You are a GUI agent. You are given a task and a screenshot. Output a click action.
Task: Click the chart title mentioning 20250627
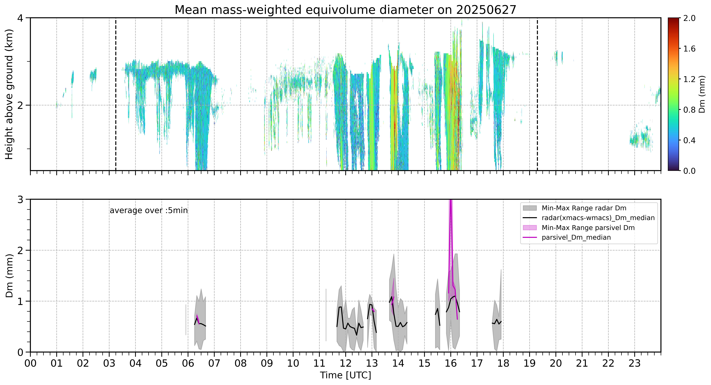pyautogui.click(x=345, y=10)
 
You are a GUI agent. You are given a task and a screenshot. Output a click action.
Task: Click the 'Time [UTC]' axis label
pyautogui.click(x=345, y=375)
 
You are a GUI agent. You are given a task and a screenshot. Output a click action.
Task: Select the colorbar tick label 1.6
pyautogui.click(x=689, y=49)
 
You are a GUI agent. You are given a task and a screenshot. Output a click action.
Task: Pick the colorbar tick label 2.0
pyautogui.click(x=689, y=18)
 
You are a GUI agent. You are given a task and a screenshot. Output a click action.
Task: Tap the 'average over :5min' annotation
pyautogui.click(x=148, y=211)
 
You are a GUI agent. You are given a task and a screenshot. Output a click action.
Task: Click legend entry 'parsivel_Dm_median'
pyautogui.click(x=576, y=237)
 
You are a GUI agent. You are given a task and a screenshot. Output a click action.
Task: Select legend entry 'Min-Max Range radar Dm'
pyautogui.click(x=584, y=208)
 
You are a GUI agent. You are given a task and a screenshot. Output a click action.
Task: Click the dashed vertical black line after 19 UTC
pyautogui.click(x=537, y=94)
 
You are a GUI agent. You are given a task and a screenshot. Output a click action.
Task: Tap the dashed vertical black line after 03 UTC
pyautogui.click(x=116, y=94)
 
